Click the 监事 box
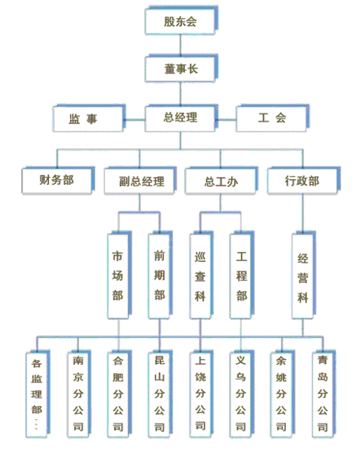(87, 118)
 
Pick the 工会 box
(272, 118)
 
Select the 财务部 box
(57, 180)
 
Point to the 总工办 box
(220, 181)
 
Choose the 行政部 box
(302, 181)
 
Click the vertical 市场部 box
(117, 276)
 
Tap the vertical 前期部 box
(159, 276)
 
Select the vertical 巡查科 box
(200, 276)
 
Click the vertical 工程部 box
(241, 276)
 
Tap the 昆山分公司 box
(159, 392)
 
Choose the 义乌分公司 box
(241, 392)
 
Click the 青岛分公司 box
(323, 392)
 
